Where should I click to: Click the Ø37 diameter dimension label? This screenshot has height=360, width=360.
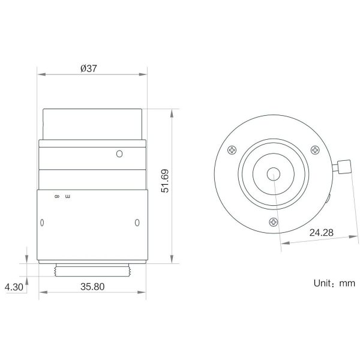click(x=89, y=68)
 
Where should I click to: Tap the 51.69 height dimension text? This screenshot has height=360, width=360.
click(x=165, y=181)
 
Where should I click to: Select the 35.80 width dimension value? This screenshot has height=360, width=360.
click(x=92, y=287)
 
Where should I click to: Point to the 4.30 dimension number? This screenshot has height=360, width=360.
click(x=14, y=287)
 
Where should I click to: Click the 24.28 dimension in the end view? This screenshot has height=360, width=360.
click(x=321, y=233)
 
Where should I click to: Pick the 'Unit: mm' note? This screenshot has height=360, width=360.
click(x=334, y=283)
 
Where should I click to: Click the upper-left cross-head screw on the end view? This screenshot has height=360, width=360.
click(x=232, y=150)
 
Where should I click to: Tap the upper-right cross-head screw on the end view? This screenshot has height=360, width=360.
click(x=315, y=150)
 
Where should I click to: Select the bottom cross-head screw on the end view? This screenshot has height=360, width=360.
click(x=274, y=222)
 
